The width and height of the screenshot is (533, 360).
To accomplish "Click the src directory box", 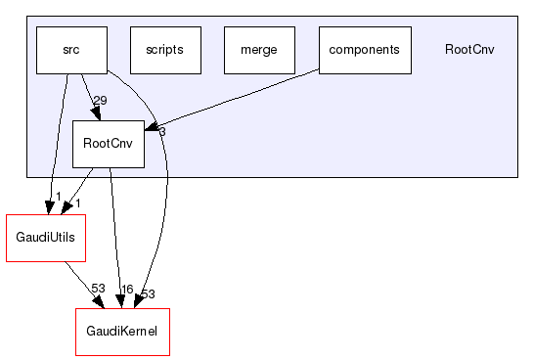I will (71, 50).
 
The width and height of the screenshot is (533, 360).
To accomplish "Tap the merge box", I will (259, 50).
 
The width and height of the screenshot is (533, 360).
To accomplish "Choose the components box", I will (364, 50).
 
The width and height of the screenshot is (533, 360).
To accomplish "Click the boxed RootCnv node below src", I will (109, 144).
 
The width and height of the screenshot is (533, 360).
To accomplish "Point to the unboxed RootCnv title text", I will (468, 50).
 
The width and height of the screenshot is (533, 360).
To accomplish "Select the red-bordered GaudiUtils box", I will (46, 238).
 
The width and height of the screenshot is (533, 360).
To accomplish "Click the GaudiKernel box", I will (122, 332).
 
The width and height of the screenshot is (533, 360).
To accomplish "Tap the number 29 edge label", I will (102, 101).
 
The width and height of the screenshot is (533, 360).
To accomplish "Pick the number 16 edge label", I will (125, 290).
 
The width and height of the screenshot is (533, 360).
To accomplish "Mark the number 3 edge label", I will (161, 131).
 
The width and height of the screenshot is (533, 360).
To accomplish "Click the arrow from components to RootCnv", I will (235, 99).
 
